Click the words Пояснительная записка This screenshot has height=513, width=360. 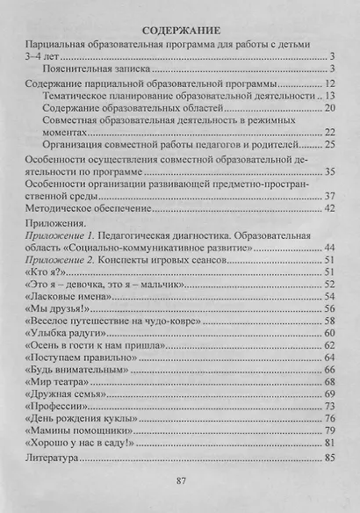pyautogui.click(x=98, y=67)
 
